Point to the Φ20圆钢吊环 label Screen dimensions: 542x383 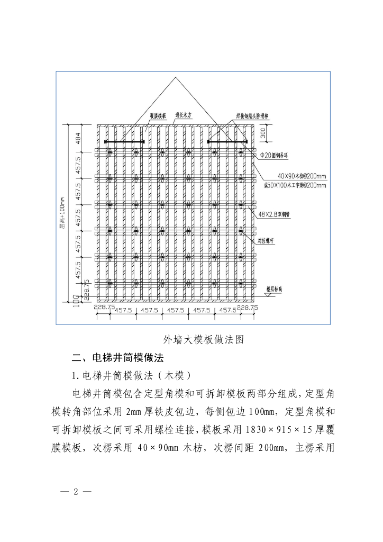tap(275, 156)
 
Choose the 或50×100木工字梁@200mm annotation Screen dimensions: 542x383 tap(295, 185)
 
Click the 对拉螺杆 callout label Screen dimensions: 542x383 tap(267, 240)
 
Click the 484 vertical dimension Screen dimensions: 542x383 tap(78, 138)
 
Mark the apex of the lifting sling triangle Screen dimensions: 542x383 tap(176, 78)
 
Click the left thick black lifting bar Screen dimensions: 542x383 tap(125, 142)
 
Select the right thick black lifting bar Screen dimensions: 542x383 tap(228, 142)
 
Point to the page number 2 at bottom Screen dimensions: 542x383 tap(75, 491)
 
